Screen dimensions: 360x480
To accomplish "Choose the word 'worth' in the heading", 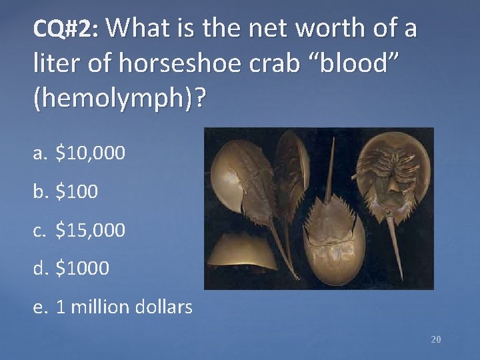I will (316, 29).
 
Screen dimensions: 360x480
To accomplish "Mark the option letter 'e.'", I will (42, 308).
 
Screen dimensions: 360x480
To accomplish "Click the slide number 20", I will (436, 339).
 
